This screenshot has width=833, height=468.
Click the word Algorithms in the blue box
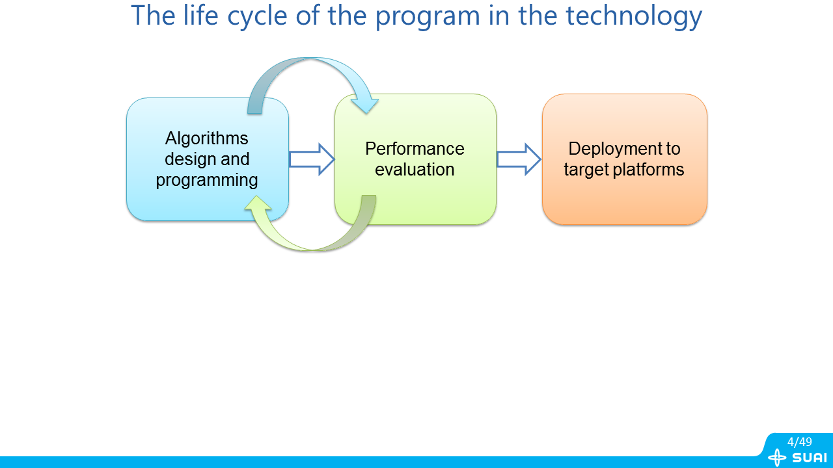click(x=207, y=138)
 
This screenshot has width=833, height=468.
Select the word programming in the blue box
click(x=207, y=180)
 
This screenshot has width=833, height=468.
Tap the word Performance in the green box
click(x=415, y=149)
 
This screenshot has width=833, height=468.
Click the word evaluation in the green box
click(x=415, y=170)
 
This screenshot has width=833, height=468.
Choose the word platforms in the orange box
click(x=652, y=170)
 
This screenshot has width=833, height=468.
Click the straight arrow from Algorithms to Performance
click(x=311, y=159)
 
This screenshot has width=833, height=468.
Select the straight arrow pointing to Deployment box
click(x=519, y=159)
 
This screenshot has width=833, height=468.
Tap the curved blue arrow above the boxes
click(x=311, y=71)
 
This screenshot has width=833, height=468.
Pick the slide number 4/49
click(x=799, y=442)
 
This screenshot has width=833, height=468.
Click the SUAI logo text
click(x=810, y=458)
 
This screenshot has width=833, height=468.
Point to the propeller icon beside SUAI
click(x=777, y=458)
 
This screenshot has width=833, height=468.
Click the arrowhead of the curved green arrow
click(x=258, y=205)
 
